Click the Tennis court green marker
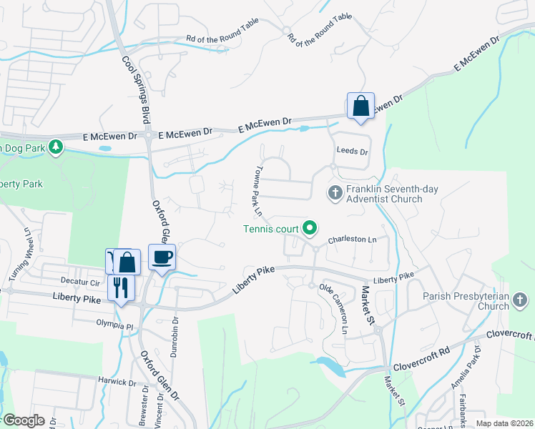pyautogui.click(x=310, y=229)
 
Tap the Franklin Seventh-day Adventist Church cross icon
pyautogui.click(x=334, y=192)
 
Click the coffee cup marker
pyautogui.click(x=162, y=257)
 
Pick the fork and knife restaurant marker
pyautogui.click(x=120, y=287)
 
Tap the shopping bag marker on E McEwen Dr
pyautogui.click(x=360, y=106)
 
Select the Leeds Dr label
pyautogui.click(x=352, y=152)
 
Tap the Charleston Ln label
pyautogui.click(x=351, y=241)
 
